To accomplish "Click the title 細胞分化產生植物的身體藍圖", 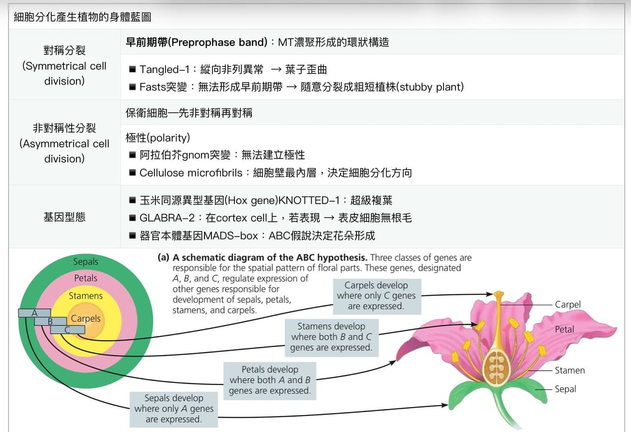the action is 82,17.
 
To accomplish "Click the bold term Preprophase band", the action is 219,42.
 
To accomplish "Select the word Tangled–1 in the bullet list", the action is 164,70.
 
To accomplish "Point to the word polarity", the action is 170,138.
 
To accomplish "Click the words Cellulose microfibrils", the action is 191,173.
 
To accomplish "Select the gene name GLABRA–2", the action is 167,218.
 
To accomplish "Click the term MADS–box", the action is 230,236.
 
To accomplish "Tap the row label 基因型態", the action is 65,217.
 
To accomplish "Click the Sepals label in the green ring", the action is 86,261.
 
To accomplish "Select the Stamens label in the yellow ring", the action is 86,295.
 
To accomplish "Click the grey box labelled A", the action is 35,313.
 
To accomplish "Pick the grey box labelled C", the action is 68,329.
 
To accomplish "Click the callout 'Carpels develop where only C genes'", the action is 377,296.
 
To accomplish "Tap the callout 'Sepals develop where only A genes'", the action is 174,409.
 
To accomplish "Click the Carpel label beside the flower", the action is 567,305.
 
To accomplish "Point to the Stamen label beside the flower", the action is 569,370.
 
